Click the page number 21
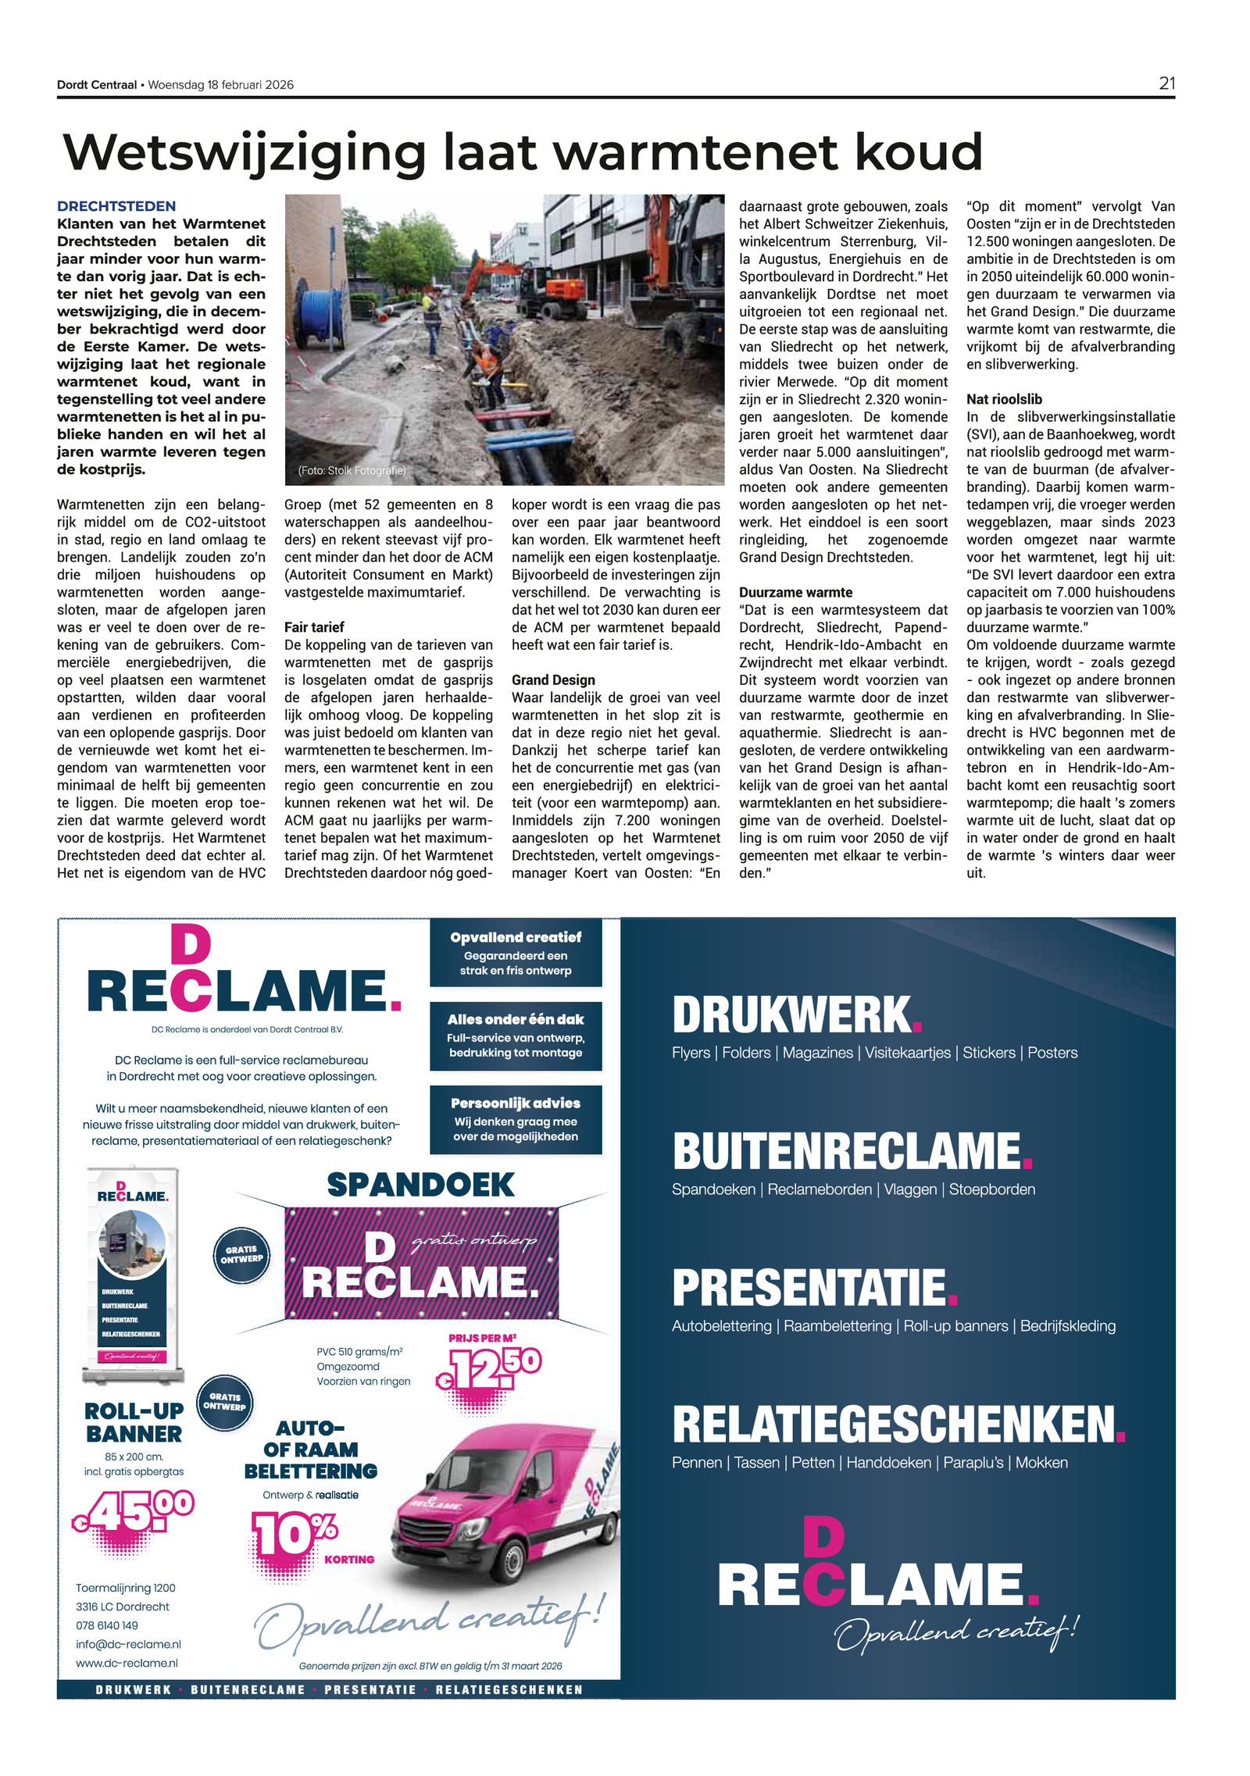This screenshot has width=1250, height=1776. tap(1166, 84)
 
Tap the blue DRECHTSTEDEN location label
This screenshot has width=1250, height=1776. tap(116, 206)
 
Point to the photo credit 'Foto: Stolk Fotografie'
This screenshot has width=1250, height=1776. tap(352, 470)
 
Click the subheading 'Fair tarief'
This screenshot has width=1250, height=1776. tap(314, 627)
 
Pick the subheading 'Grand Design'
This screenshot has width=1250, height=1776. tap(553, 680)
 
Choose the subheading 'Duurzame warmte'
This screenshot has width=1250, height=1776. tap(795, 593)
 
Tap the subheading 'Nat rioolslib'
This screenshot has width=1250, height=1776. tap(1004, 399)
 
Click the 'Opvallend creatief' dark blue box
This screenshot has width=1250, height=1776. tap(516, 952)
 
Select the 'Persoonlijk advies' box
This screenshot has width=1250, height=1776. tap(516, 1118)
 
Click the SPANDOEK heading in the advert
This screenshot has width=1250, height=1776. tap(420, 1185)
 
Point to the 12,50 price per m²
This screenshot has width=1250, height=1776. tap(491, 1368)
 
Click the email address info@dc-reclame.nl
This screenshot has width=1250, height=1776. tap(128, 1644)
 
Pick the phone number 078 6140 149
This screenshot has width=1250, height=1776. tap(107, 1625)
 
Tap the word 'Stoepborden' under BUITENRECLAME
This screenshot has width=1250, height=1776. tap(991, 1189)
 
